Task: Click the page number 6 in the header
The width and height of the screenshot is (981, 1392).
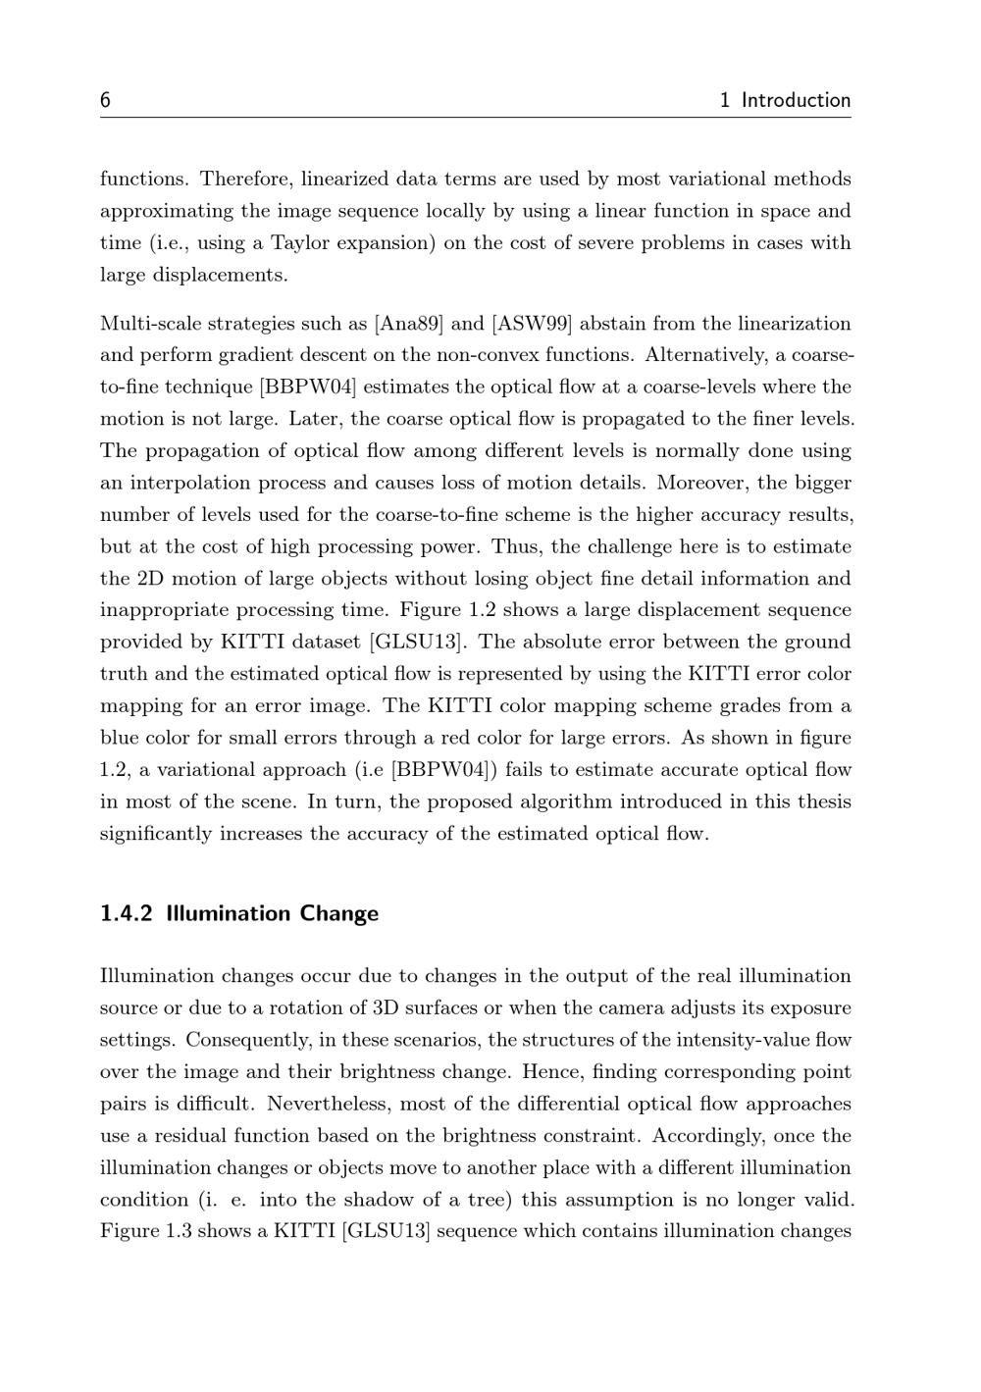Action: [x=105, y=100]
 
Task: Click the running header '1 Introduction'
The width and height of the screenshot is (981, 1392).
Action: [x=785, y=100]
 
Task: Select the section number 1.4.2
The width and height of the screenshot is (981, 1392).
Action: [x=127, y=913]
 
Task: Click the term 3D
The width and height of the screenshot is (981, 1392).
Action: [x=385, y=1008]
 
